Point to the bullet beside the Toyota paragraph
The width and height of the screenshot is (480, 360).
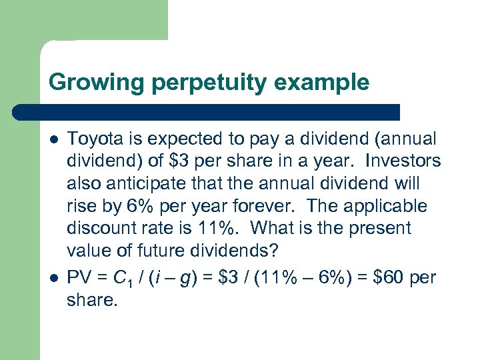pyautogui.click(x=53, y=139)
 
